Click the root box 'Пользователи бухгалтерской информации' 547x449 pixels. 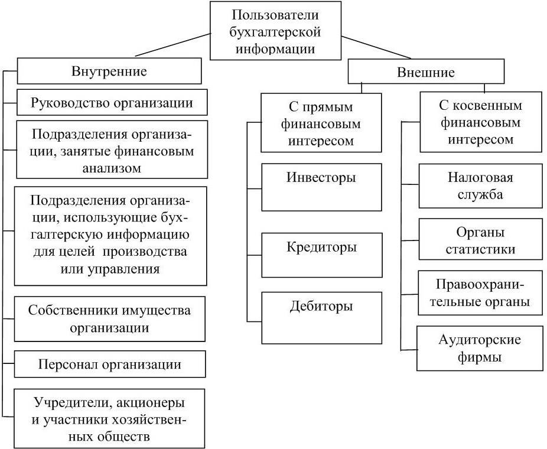pos(275,31)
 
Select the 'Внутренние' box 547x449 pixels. pos(109,71)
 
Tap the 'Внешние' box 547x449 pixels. pos(426,73)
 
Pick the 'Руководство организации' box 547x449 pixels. pos(112,102)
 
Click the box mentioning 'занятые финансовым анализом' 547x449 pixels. pos(112,150)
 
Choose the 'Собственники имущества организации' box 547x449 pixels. pos(110,319)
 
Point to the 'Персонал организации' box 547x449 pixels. pos(110,364)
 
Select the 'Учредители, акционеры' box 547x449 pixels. pos(109,419)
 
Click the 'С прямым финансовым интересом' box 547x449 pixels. pos(321,124)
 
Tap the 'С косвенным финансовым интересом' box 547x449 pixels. pos(480,123)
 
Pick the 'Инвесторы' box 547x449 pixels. pos(321,187)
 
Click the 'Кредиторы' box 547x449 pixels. pos(321,255)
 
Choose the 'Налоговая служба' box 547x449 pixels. pos(480,186)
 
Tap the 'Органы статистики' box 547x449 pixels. pos(480,240)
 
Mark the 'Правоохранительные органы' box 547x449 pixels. pos(480,293)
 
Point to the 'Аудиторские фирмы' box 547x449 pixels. pos(480,349)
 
